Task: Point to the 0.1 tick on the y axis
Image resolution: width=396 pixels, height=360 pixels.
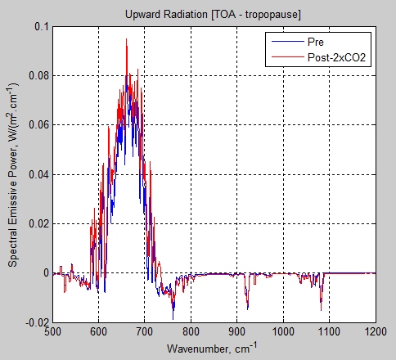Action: pyautogui.click(x=40, y=27)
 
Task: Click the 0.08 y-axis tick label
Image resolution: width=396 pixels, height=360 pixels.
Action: pyautogui.click(x=37, y=76)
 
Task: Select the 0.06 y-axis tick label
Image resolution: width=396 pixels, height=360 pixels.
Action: pyautogui.click(x=37, y=125)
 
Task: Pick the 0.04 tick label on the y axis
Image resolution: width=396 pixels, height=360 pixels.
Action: pyautogui.click(x=37, y=174)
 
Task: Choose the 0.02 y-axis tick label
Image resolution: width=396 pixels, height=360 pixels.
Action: pyautogui.click(x=37, y=223)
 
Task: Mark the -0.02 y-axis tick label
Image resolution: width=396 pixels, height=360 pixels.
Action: pyautogui.click(x=35, y=322)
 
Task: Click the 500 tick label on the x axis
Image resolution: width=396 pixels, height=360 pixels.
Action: pyautogui.click(x=52, y=332)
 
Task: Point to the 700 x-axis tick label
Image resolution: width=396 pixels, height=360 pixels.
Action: pyautogui.click(x=145, y=332)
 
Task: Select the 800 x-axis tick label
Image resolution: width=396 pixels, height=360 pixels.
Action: pyautogui.click(x=191, y=332)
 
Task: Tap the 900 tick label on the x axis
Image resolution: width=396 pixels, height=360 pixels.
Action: pyautogui.click(x=237, y=332)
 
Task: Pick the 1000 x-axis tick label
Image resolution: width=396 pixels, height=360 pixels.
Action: pyautogui.click(x=283, y=332)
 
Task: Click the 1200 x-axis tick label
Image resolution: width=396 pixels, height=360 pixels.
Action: pyautogui.click(x=375, y=332)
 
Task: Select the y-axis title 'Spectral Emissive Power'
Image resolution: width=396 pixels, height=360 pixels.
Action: pyautogui.click(x=14, y=175)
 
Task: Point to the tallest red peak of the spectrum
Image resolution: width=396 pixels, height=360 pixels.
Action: pyautogui.click(x=126, y=40)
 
